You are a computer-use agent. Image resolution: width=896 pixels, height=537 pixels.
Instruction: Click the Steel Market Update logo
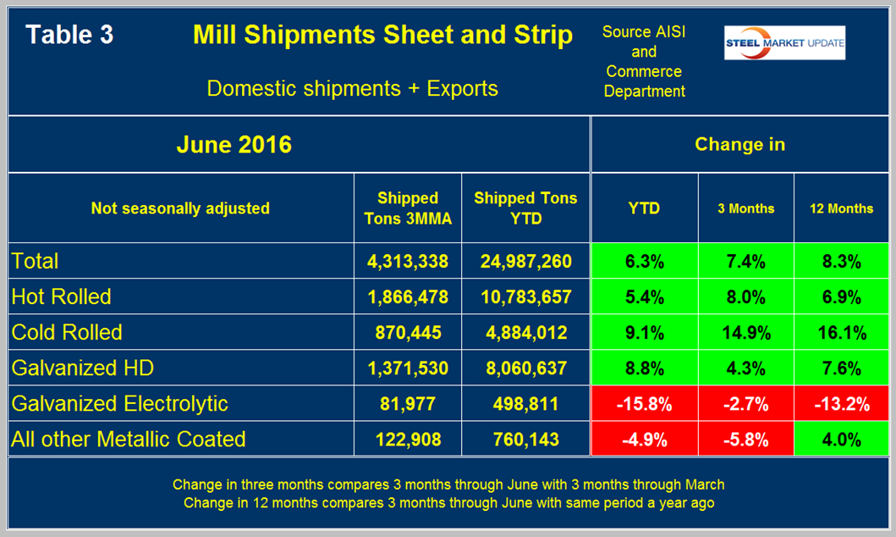coord(783,43)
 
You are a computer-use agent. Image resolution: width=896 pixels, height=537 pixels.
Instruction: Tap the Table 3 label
coord(69,35)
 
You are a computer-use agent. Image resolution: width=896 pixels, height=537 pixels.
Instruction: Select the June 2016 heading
coord(234,145)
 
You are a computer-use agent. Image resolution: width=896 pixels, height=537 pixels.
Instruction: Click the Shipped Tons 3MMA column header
coord(407,208)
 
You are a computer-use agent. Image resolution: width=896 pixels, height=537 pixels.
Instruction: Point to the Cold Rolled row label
coord(67,332)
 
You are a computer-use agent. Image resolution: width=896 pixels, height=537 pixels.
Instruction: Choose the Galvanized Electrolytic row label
coord(120,403)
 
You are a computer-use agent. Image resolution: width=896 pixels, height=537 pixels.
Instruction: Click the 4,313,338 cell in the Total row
coord(407,261)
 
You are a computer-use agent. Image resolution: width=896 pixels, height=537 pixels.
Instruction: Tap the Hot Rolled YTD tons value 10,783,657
coord(525,296)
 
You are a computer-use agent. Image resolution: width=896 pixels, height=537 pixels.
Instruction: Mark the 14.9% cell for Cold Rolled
coord(745,332)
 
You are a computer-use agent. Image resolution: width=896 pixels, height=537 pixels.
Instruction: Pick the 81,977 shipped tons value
coord(407,403)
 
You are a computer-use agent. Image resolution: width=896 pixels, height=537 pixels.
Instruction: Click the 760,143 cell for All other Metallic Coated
coord(525,439)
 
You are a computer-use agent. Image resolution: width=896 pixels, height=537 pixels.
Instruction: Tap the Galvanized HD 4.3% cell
coord(745,368)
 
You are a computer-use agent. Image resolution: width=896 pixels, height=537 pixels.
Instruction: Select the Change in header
coord(739,145)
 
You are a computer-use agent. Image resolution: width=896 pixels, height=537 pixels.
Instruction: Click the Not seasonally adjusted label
coord(180,208)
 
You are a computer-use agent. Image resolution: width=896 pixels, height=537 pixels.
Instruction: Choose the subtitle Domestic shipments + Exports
coord(352,88)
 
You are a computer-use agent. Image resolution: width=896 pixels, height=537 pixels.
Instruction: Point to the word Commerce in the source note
coord(644,71)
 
